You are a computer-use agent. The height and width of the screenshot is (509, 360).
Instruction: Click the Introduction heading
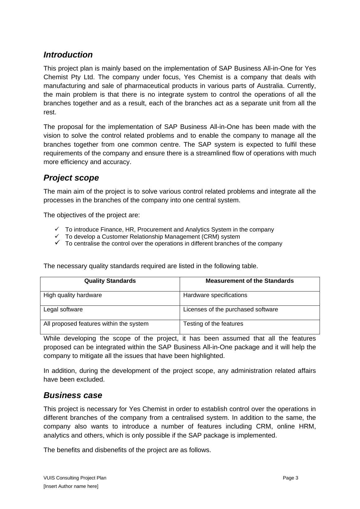point(68,55)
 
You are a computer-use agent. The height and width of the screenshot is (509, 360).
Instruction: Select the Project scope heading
point(71,178)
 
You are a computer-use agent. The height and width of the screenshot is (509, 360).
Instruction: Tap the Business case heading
point(72,395)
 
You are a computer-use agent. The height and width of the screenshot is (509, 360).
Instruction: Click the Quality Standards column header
point(110,281)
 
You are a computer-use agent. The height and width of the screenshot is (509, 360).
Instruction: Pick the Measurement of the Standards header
point(249,281)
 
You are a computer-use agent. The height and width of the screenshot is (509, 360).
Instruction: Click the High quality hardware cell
point(72,295)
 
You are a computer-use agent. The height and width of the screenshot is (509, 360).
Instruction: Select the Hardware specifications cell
point(215,295)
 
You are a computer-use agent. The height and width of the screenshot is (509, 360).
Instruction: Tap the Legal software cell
point(63,310)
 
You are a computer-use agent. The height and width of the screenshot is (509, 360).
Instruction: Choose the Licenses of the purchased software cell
point(230,310)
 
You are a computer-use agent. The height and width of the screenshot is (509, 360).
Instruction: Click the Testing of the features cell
point(213,324)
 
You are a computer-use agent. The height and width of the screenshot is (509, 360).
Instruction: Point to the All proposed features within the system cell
point(96,324)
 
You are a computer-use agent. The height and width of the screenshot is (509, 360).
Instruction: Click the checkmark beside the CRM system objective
point(57,236)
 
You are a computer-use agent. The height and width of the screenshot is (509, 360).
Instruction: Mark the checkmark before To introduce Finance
point(57,229)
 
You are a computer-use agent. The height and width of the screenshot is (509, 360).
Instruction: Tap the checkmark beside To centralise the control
point(57,243)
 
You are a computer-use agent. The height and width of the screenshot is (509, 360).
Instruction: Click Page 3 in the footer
point(290,478)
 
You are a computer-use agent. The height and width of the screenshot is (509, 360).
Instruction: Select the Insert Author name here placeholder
point(71,486)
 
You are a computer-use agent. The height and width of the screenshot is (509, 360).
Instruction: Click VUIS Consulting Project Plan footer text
point(75,478)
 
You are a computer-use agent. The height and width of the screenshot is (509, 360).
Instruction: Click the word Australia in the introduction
point(300,86)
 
